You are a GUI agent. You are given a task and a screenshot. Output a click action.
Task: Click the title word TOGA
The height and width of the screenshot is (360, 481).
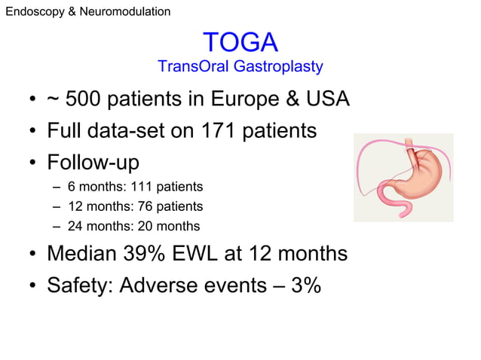[x=240, y=42]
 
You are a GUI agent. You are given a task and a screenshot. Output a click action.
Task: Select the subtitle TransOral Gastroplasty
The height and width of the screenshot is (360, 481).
[x=240, y=67]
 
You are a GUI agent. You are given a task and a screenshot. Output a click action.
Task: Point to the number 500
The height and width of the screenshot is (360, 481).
[x=86, y=100]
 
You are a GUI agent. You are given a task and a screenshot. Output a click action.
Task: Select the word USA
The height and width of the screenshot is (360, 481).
[x=325, y=100]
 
